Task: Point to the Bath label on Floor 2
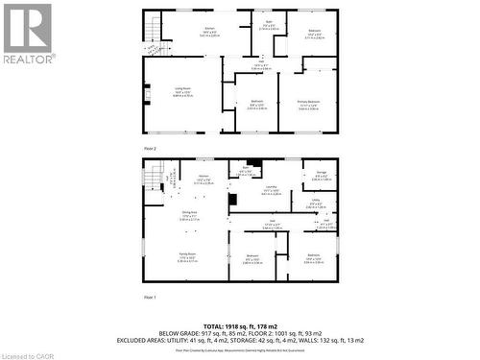coord(269,23)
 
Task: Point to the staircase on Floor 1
coord(155,176)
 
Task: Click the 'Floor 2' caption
coord(149,148)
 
